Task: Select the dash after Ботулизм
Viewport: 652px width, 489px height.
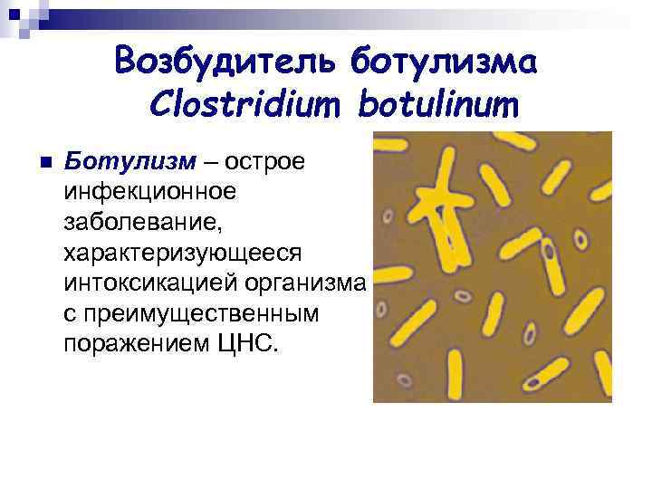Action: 210,161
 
